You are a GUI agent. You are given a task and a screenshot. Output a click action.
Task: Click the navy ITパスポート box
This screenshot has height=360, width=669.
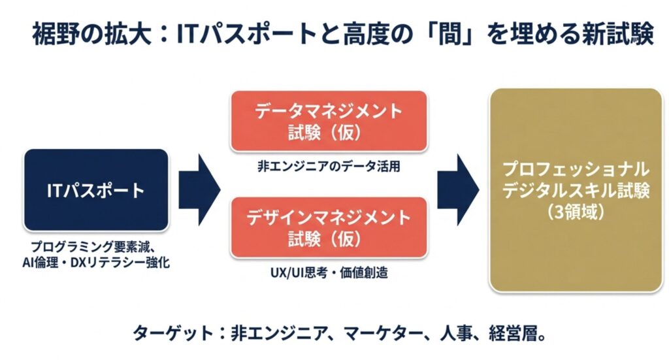pyautogui.click(x=96, y=189)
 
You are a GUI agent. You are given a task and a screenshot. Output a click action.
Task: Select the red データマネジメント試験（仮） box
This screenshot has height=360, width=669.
pyautogui.click(x=328, y=121)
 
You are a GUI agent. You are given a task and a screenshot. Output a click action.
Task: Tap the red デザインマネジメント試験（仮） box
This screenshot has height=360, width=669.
pyautogui.click(x=328, y=228)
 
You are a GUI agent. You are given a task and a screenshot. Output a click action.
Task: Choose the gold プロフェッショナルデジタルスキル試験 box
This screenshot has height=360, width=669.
pyautogui.click(x=576, y=190)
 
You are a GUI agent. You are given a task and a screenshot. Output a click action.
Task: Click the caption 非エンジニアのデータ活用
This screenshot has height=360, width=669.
pyautogui.click(x=328, y=166)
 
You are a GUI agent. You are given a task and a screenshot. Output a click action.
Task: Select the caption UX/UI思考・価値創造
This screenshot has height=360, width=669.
pyautogui.click(x=328, y=273)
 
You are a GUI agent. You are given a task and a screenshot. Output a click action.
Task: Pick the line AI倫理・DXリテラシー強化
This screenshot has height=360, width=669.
pyautogui.click(x=96, y=265)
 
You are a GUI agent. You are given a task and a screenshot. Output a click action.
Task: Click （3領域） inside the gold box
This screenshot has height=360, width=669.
pyautogui.click(x=576, y=212)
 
